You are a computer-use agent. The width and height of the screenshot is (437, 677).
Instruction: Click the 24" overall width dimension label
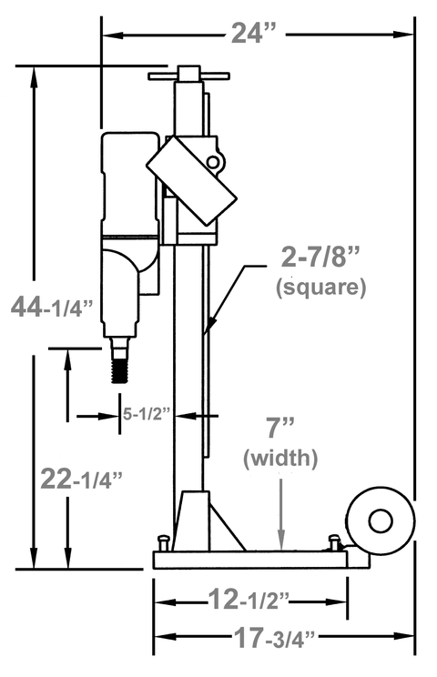click(x=253, y=33)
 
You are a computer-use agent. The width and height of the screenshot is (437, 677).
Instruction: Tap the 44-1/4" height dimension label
click(x=52, y=307)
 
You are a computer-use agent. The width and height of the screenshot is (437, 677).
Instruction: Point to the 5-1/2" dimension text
click(x=147, y=414)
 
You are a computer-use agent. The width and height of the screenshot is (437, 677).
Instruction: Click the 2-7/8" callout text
click(x=320, y=258)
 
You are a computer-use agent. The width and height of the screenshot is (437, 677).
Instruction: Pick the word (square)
click(x=320, y=287)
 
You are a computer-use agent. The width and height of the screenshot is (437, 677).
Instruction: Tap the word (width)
click(x=280, y=458)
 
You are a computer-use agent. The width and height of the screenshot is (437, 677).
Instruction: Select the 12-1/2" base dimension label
click(x=249, y=600)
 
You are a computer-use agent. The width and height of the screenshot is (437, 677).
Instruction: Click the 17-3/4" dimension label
click(x=275, y=637)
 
